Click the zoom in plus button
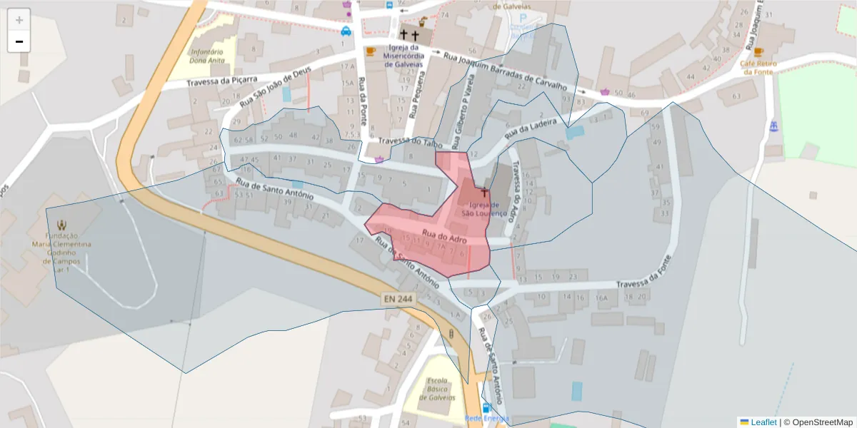pyautogui.click(x=19, y=20)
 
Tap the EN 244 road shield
pyautogui.click(x=397, y=302)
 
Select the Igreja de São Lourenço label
pyautogui.click(x=484, y=209)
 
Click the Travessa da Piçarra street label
pyautogui.click(x=221, y=81)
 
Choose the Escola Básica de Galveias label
pyautogui.click(x=438, y=388)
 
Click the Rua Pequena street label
pyautogui.click(x=411, y=98)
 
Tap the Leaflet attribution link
pyautogui.click(x=763, y=422)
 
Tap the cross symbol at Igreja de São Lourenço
pyautogui.click(x=484, y=192)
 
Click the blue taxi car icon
pyautogui.click(x=346, y=31)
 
